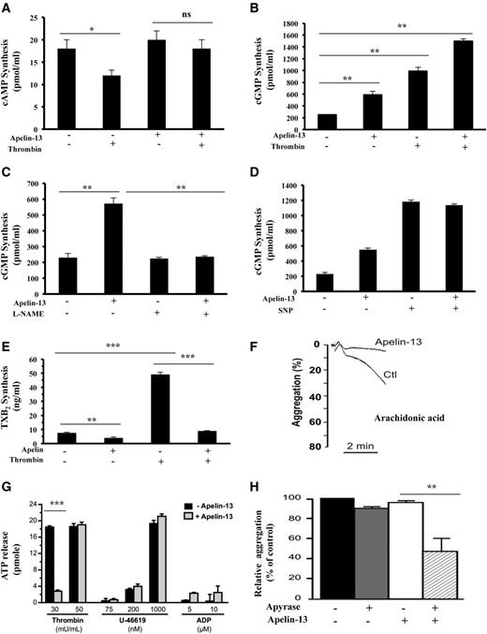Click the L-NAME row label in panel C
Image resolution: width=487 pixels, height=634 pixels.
point(32,294)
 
